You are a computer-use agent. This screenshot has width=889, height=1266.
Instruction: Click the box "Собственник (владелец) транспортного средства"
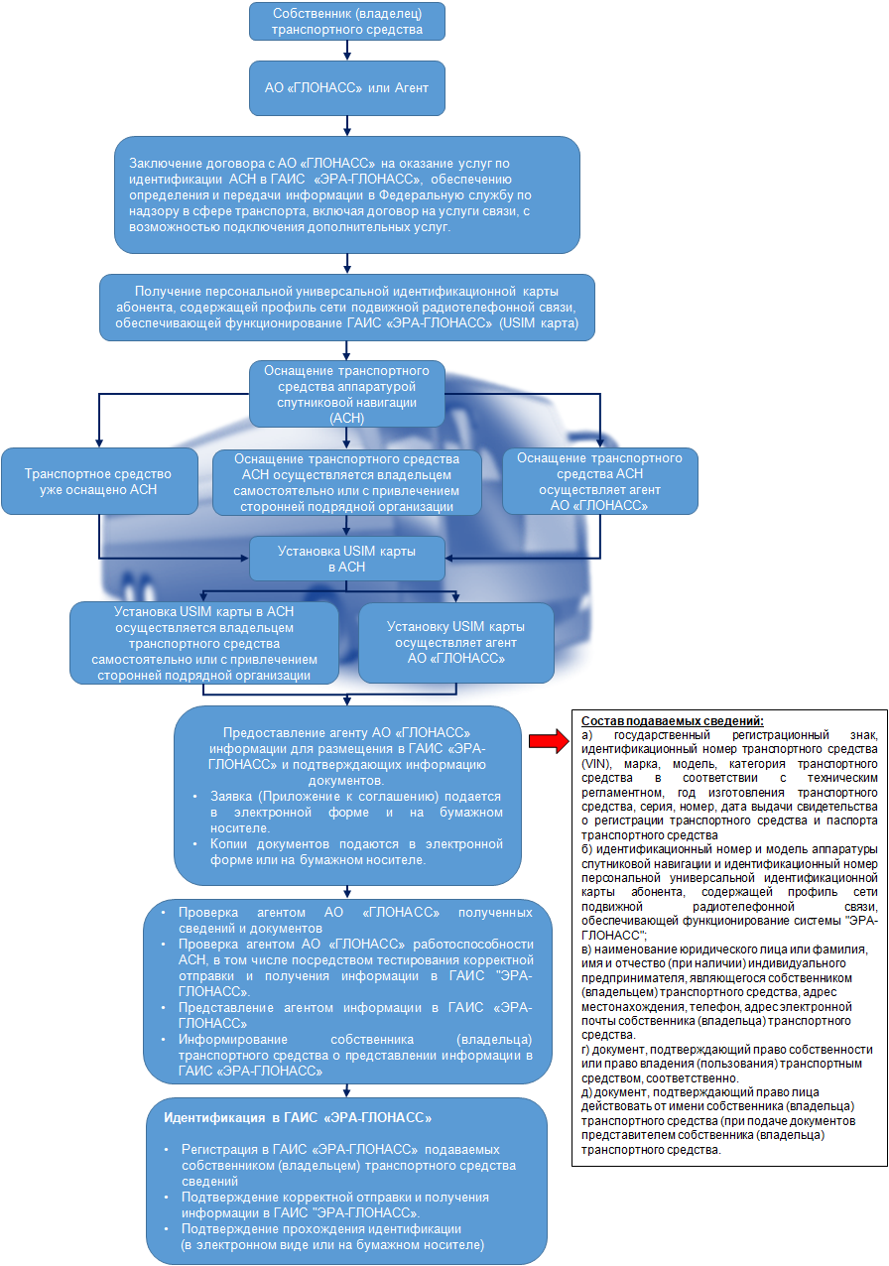click(346, 22)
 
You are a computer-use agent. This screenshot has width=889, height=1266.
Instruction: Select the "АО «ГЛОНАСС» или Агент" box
click(346, 88)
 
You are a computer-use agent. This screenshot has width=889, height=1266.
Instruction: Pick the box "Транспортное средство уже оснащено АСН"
click(98, 481)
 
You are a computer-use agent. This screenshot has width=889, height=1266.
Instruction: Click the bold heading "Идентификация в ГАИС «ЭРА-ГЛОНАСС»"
click(298, 1117)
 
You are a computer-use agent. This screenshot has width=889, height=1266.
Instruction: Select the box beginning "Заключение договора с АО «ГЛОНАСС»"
click(346, 194)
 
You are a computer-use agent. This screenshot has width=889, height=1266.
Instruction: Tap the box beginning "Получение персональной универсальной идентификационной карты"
click(346, 308)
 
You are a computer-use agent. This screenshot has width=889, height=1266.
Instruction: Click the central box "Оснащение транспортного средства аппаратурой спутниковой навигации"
click(346, 394)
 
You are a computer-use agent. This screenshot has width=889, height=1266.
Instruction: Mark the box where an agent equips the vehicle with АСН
click(599, 481)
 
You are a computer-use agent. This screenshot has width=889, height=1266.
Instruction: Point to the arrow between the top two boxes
click(346, 51)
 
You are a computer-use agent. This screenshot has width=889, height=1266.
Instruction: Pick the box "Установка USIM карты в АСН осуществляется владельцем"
click(203, 643)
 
